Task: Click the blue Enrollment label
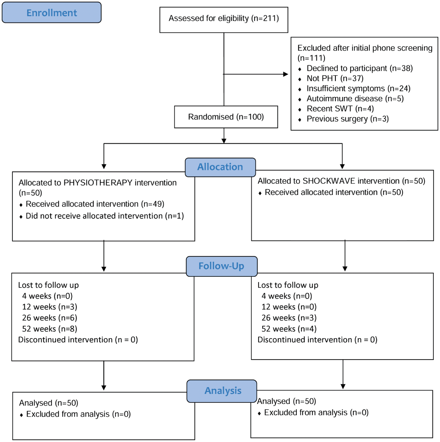52,13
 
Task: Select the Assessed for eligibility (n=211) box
224,20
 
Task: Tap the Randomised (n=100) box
226,117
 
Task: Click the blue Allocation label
220,167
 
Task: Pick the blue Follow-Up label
222,266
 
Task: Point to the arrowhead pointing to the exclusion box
286,74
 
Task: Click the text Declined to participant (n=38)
360,68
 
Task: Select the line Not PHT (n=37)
335,78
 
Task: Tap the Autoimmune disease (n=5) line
355,99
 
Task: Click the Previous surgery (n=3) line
348,119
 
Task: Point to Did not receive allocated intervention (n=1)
105,216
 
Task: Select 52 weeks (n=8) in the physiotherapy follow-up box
50,329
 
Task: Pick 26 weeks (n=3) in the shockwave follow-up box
289,318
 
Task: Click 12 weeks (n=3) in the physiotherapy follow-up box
50,307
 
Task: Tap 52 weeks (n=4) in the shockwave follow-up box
289,329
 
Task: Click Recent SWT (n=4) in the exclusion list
340,109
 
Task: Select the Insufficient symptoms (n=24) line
359,89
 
